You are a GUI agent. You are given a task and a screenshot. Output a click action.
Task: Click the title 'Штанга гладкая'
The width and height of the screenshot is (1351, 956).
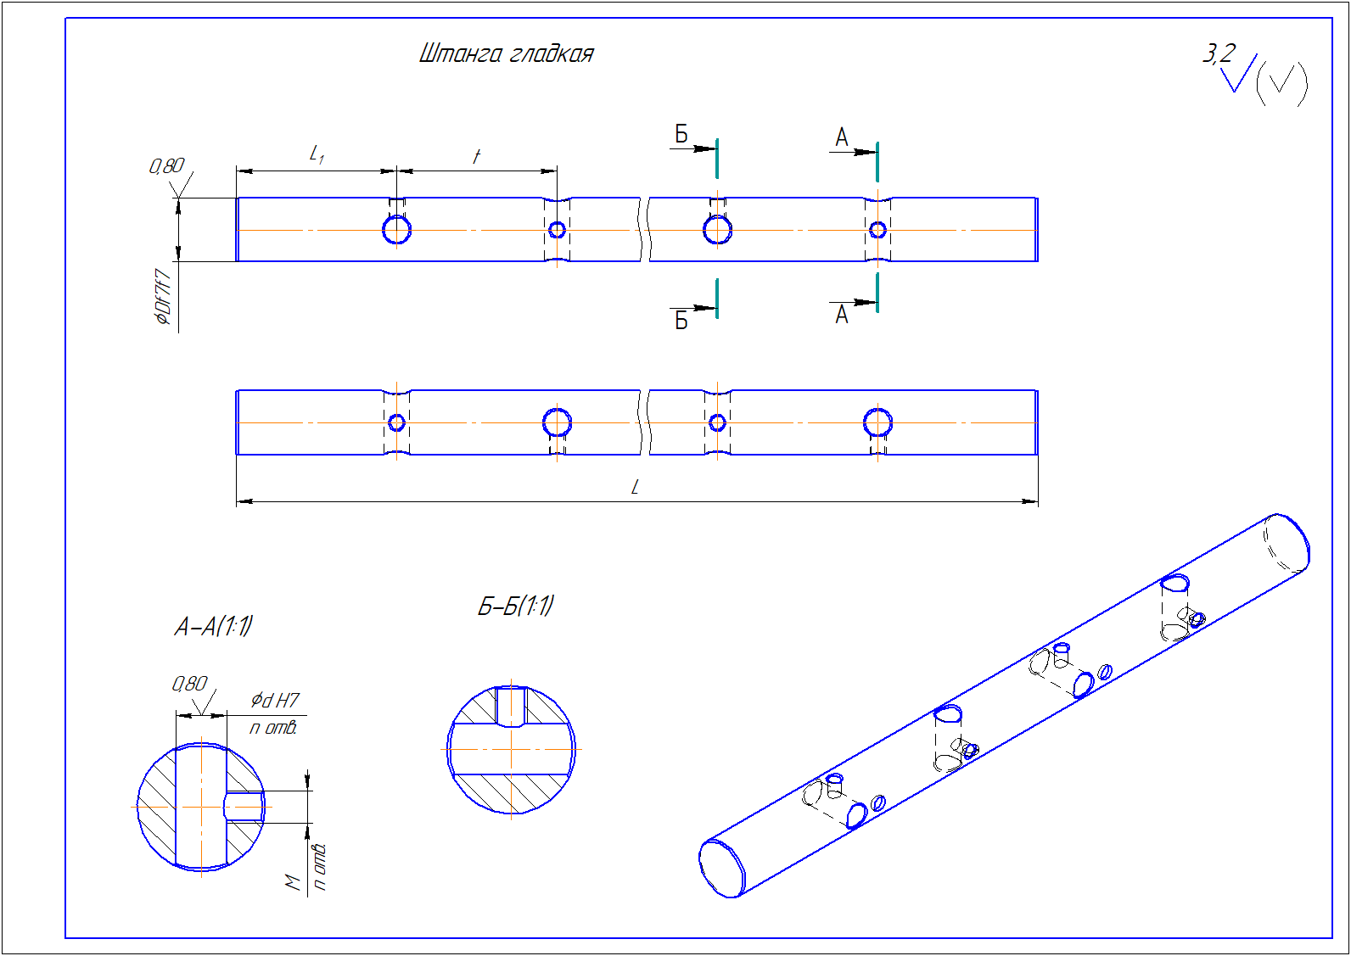point(507,54)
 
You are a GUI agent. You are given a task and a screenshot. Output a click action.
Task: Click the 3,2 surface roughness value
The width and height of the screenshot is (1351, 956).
point(1219,54)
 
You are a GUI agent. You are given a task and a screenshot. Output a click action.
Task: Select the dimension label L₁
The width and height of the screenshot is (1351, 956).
point(317,154)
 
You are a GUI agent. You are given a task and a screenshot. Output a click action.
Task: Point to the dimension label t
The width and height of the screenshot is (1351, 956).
point(477,156)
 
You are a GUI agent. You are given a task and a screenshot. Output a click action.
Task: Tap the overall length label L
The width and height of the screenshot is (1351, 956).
point(635,487)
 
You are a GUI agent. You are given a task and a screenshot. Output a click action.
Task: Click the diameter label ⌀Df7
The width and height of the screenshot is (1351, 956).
point(163,297)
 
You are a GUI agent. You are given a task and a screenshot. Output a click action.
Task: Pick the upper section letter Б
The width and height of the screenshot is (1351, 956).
point(681,133)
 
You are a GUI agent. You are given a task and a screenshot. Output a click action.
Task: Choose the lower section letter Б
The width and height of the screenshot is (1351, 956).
point(681,321)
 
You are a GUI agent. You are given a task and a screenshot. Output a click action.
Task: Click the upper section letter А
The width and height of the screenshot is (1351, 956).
point(842,137)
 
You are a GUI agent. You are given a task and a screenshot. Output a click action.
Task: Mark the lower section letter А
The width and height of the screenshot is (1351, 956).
point(842,315)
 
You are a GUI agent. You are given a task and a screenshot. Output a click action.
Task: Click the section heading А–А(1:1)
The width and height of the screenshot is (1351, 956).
point(214,627)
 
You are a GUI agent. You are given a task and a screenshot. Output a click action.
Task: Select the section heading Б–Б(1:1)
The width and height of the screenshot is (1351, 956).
point(516,607)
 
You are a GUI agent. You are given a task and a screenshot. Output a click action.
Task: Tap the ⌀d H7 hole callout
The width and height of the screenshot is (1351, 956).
point(275,701)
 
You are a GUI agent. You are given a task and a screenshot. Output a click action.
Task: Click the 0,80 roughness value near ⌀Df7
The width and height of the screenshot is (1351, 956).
point(166,165)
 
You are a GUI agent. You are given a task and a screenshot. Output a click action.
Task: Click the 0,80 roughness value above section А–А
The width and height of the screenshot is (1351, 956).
point(189,684)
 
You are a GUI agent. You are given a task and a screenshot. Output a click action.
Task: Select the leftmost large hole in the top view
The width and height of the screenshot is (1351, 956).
point(397,230)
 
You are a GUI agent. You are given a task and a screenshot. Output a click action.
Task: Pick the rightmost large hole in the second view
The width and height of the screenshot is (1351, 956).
point(877,422)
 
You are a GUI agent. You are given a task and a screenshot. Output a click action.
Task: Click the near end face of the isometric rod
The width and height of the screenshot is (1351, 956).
point(721,868)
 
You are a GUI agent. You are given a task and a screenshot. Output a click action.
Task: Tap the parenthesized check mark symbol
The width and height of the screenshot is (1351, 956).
point(1281,82)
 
